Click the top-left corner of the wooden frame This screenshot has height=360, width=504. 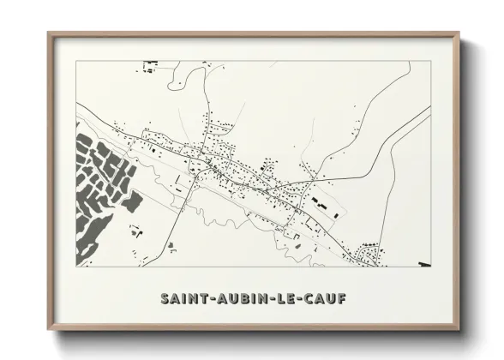(49, 33)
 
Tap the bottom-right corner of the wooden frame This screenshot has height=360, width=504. (459, 330)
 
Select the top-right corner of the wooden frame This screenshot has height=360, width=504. (459, 33)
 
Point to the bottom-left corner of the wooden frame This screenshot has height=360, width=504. (49, 330)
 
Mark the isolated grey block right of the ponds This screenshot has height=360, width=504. (132, 203)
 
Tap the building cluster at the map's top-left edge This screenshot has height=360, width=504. (152, 64)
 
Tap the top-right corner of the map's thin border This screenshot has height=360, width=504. (429, 61)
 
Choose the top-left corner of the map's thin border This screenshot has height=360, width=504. (76, 61)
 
